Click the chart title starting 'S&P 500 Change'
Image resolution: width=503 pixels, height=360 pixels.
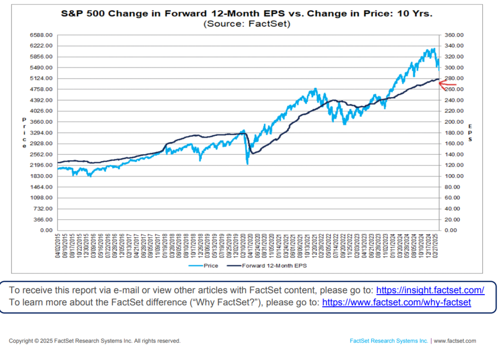[x=247, y=14]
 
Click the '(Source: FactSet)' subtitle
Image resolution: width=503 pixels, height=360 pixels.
[x=247, y=24]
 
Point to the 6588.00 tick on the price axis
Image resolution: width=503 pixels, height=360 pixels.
[x=44, y=35]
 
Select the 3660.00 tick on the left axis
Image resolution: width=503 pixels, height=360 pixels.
[x=44, y=122]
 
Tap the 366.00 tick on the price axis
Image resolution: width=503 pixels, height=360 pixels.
[x=46, y=220]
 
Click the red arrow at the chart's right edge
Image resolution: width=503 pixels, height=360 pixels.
[x=448, y=85]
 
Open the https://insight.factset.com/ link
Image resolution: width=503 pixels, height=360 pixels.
[x=430, y=290]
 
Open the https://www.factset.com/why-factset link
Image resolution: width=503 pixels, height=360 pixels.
[x=396, y=302]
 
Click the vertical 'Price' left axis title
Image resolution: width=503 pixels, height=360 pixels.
[x=24, y=132]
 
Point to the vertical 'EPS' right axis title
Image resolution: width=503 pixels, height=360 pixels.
[x=470, y=132]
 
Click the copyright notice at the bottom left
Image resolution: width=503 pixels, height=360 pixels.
[x=95, y=341]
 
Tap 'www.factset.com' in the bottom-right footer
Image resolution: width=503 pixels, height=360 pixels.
[x=455, y=341]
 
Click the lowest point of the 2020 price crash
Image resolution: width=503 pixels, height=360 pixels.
[x=247, y=164]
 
